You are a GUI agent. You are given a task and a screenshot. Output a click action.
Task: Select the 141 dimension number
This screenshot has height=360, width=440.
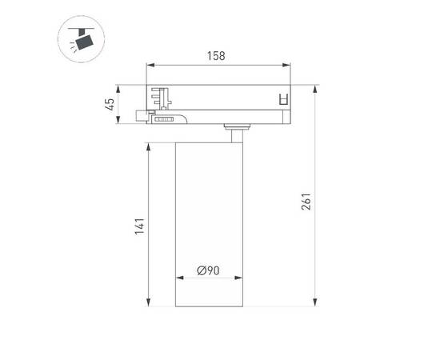tap(139, 226)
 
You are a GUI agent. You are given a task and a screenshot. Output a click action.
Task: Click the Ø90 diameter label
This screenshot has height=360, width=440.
tap(209, 271)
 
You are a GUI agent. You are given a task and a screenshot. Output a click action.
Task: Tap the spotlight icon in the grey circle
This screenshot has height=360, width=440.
tap(81, 39)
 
